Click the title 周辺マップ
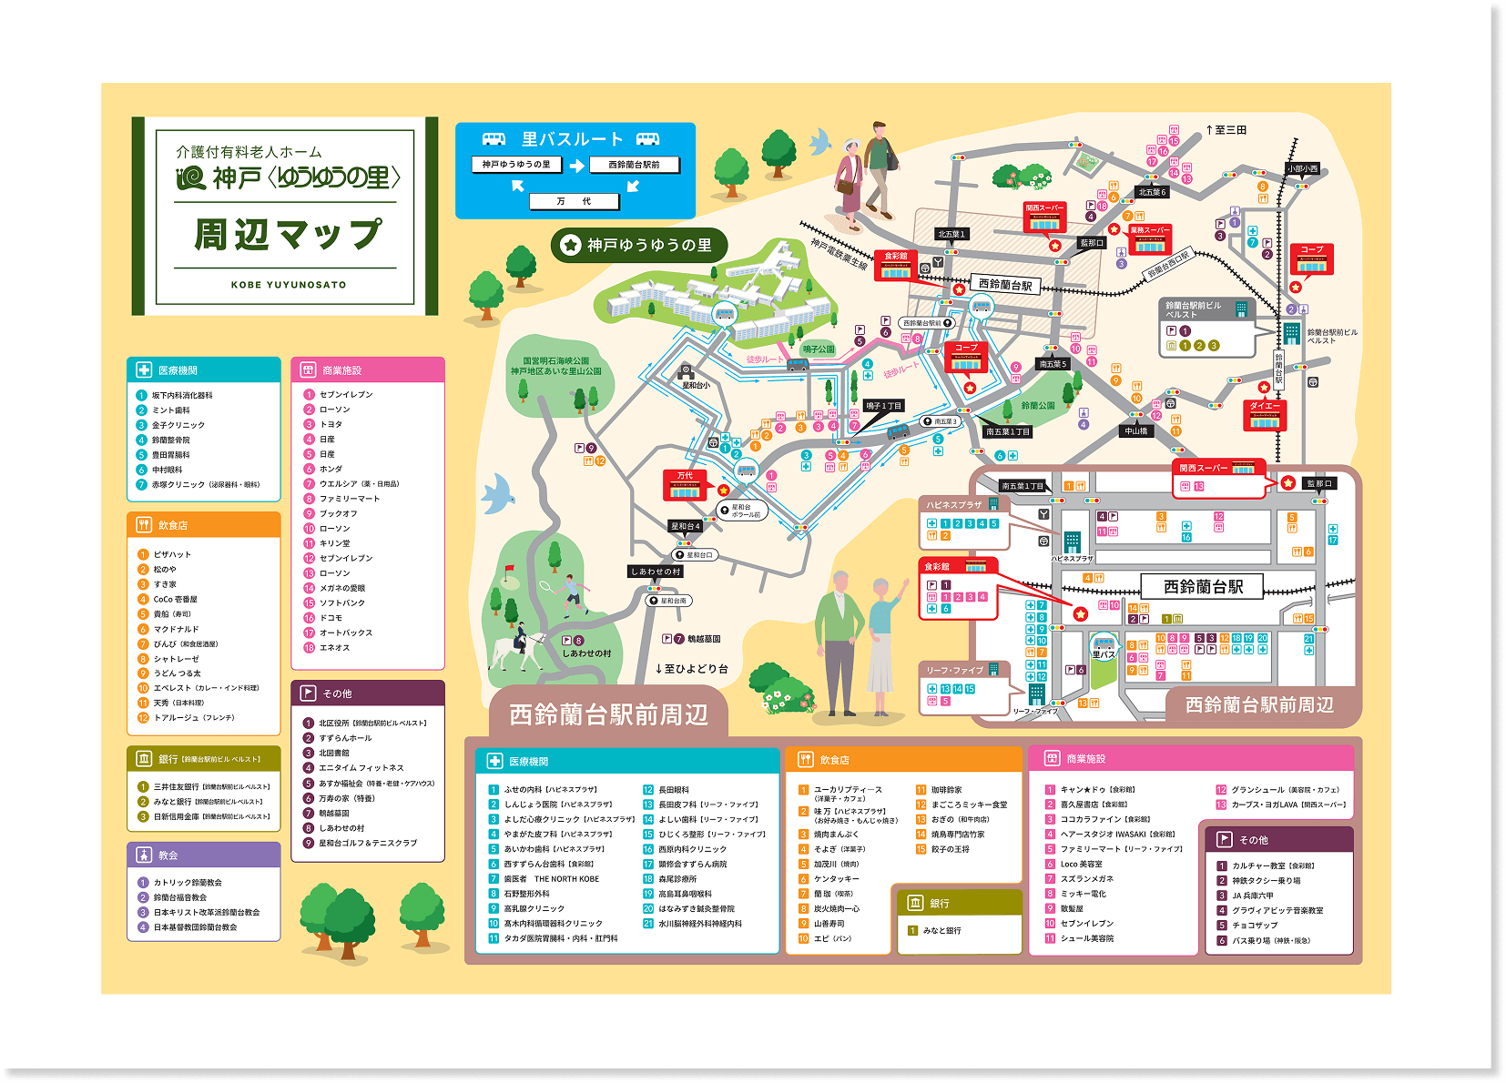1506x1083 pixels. click(x=288, y=235)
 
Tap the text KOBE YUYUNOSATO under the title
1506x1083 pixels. click(x=288, y=285)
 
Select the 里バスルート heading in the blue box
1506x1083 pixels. click(x=572, y=139)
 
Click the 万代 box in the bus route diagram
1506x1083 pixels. click(x=574, y=201)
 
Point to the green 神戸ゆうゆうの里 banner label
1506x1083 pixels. click(x=639, y=245)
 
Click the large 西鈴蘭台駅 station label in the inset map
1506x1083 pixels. click(x=1202, y=587)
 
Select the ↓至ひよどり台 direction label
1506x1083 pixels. click(x=692, y=669)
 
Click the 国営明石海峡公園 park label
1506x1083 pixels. click(x=555, y=366)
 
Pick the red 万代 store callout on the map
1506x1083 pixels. click(x=686, y=484)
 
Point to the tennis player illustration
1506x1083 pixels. click(x=571, y=594)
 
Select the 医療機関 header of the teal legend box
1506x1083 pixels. click(x=178, y=370)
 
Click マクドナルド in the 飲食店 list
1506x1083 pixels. click(x=176, y=629)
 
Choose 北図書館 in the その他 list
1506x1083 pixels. click(x=333, y=753)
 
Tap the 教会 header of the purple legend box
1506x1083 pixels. click(x=168, y=855)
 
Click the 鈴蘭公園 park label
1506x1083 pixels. click(x=1037, y=406)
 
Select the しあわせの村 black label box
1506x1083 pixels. click(x=656, y=572)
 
